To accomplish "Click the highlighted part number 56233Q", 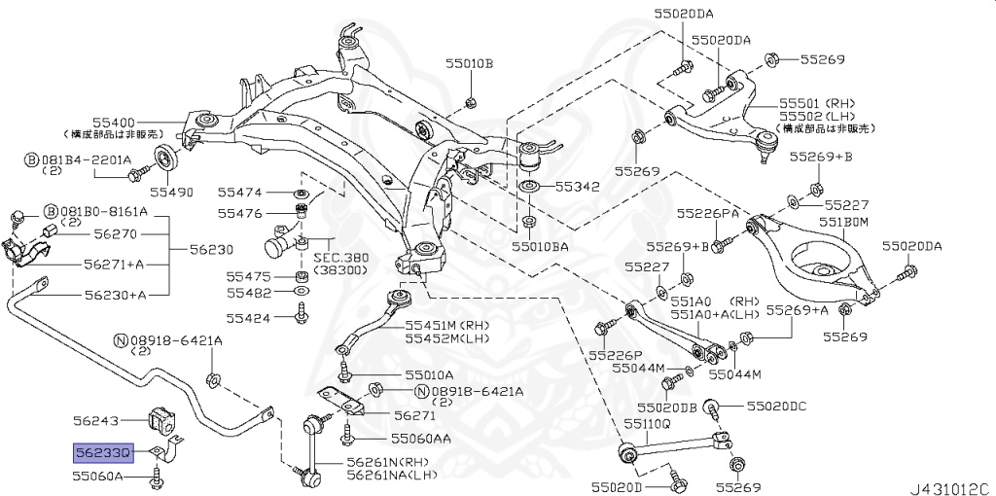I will [100, 451].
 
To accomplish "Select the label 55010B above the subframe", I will [470, 64].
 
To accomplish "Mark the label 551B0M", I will [841, 222].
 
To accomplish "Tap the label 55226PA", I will [708, 213].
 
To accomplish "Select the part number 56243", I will [95, 421].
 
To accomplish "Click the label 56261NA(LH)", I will [391, 475].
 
